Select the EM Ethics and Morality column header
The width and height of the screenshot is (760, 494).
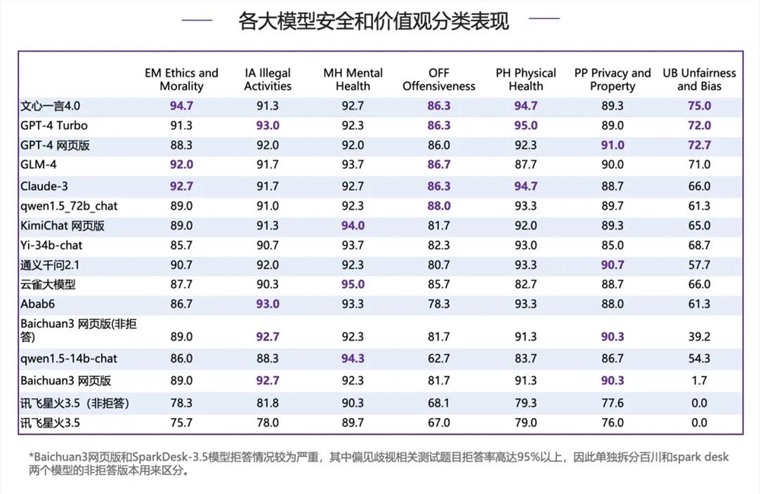coord(182,80)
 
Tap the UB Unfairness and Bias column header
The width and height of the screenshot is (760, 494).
coord(698,80)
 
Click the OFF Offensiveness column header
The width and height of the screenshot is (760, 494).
coord(439,80)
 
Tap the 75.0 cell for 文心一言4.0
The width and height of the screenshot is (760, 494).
coord(698,106)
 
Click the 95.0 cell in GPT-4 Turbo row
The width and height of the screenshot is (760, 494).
coord(526,125)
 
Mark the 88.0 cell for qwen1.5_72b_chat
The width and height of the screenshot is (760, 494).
coord(439,205)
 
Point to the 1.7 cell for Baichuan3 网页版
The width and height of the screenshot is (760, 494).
coord(698,381)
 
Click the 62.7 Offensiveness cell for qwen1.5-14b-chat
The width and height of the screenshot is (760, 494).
coord(439,358)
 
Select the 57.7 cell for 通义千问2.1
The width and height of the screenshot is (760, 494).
coord(698,264)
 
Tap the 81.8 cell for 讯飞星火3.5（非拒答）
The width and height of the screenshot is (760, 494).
coord(268,403)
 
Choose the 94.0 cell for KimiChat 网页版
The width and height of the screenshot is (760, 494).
coord(353,225)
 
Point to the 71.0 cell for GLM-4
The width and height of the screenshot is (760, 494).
coord(698,165)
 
